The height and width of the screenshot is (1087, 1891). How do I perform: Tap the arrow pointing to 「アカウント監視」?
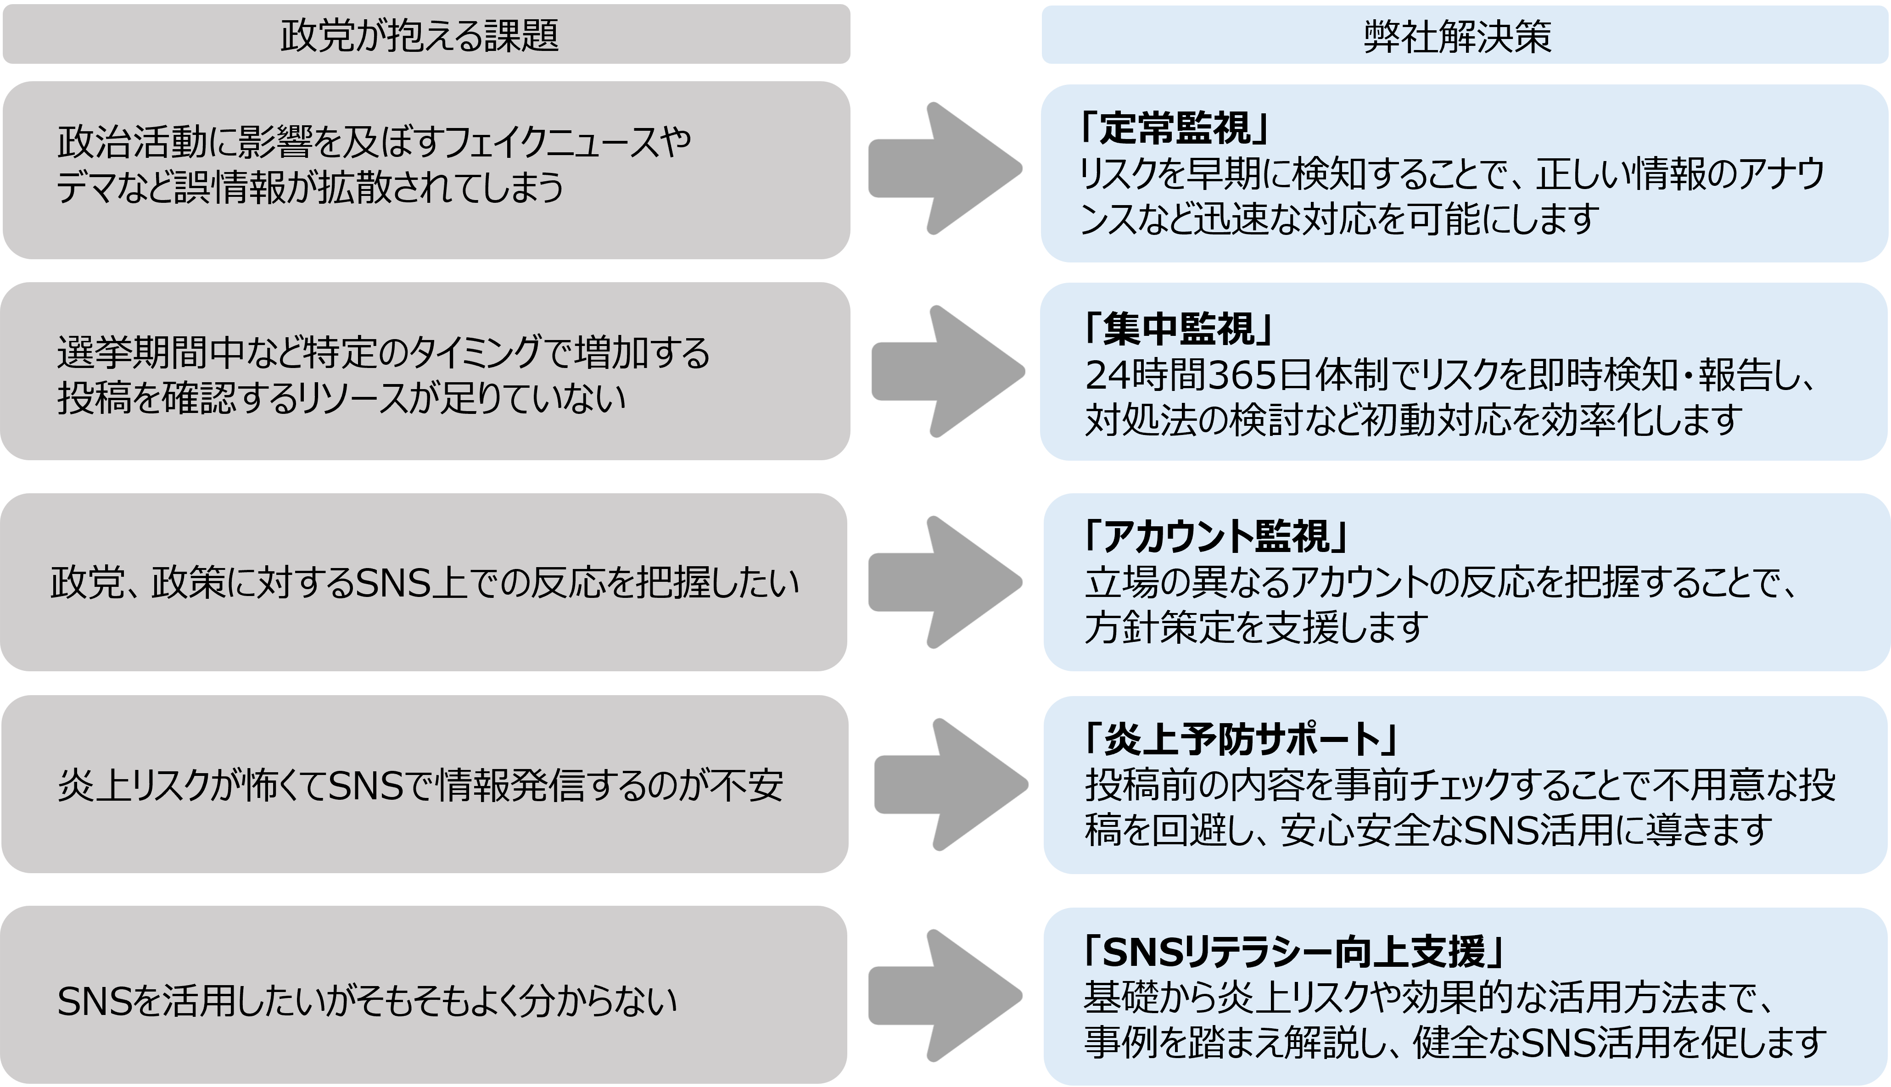[945, 582]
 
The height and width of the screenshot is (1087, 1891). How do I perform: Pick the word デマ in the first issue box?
[82, 187]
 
